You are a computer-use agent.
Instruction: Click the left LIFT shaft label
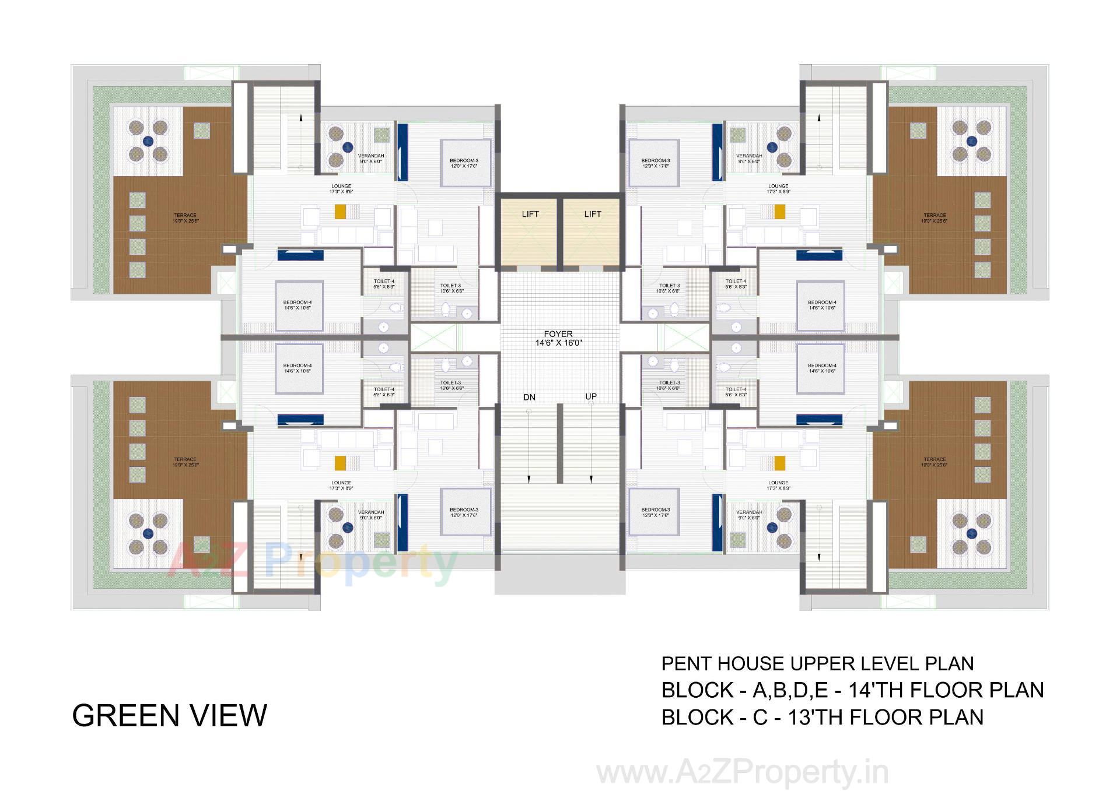[x=530, y=214]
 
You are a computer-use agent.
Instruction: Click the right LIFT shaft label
[x=592, y=214]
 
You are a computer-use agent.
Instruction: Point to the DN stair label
[x=529, y=398]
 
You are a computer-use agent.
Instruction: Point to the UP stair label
[x=591, y=397]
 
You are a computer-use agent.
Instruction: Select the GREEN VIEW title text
[x=169, y=716]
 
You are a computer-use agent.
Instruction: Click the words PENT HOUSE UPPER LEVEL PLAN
[x=817, y=664]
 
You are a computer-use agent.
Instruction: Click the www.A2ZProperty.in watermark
[x=742, y=773]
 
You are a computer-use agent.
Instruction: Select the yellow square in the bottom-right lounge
[x=779, y=463]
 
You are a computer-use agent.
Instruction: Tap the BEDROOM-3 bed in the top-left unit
[x=464, y=163]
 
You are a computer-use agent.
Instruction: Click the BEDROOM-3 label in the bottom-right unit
[x=655, y=512]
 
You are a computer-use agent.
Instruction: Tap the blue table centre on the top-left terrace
[x=148, y=140]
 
